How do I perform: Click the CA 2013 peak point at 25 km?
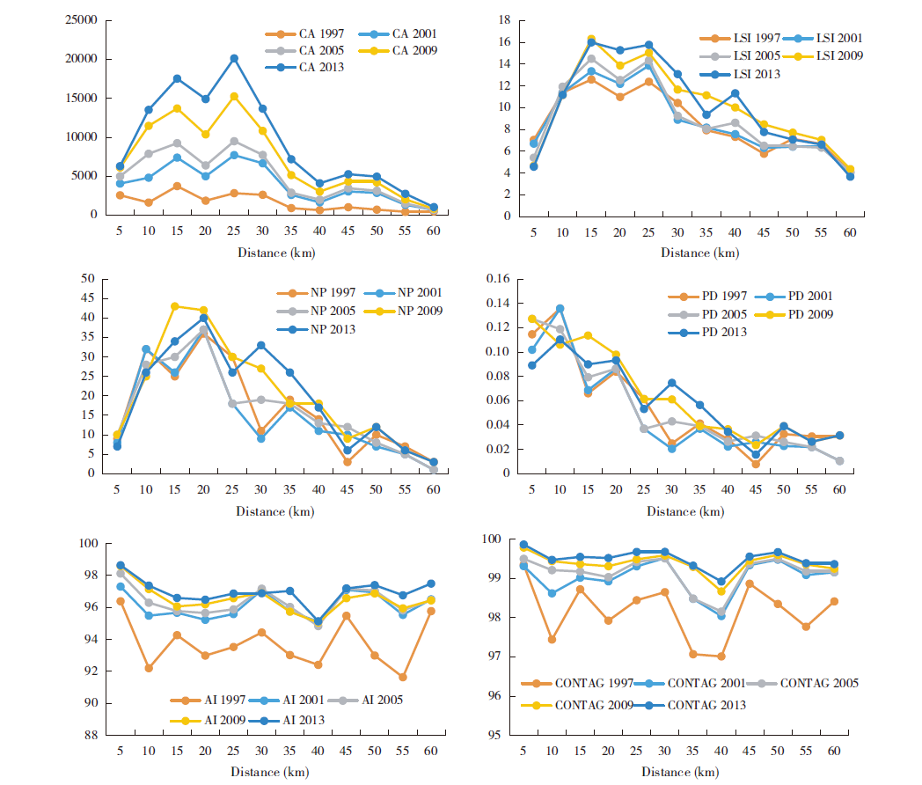(x=234, y=58)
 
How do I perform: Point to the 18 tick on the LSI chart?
(x=504, y=20)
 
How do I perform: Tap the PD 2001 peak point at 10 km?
(x=560, y=308)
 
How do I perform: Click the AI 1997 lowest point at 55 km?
(x=402, y=677)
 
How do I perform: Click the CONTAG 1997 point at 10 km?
(x=552, y=639)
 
